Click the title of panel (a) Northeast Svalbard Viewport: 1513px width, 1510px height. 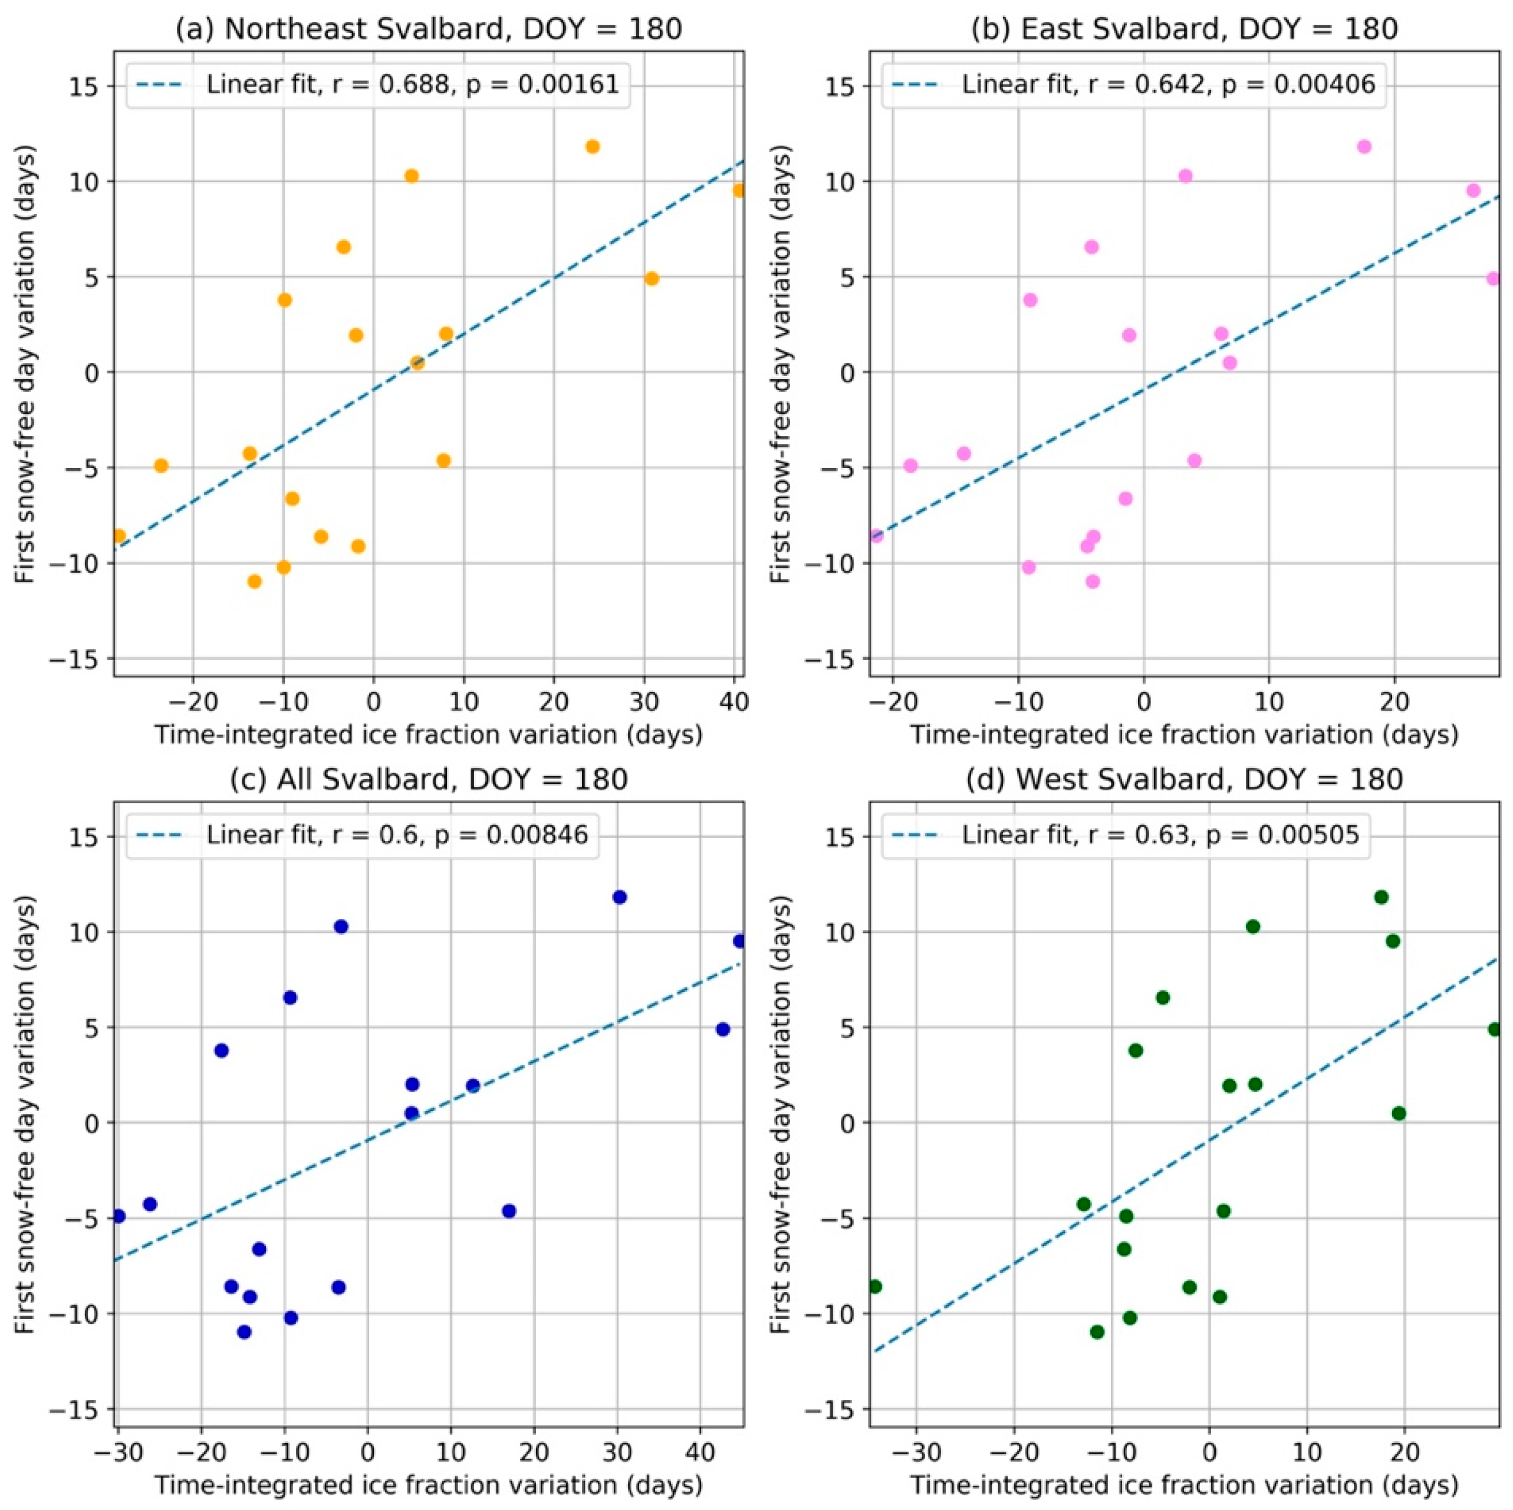[429, 29]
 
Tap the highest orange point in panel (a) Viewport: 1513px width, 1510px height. [592, 146]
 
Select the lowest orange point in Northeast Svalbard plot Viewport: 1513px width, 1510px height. [255, 581]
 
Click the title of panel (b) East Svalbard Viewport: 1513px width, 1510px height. [1184, 29]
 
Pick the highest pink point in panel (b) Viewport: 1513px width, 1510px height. [1364, 146]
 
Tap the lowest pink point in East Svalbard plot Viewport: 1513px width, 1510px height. [1093, 581]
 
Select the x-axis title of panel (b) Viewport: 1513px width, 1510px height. [1184, 733]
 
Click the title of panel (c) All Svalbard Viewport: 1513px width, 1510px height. [429, 779]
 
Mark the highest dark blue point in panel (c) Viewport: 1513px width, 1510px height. [620, 897]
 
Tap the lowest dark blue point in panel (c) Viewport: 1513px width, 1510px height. [244, 1331]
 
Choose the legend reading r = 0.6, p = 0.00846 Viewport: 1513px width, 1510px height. [396, 835]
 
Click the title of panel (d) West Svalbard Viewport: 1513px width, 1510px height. [1184, 779]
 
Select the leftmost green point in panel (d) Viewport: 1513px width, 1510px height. [875, 1286]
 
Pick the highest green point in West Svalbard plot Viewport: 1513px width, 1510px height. [1382, 897]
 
